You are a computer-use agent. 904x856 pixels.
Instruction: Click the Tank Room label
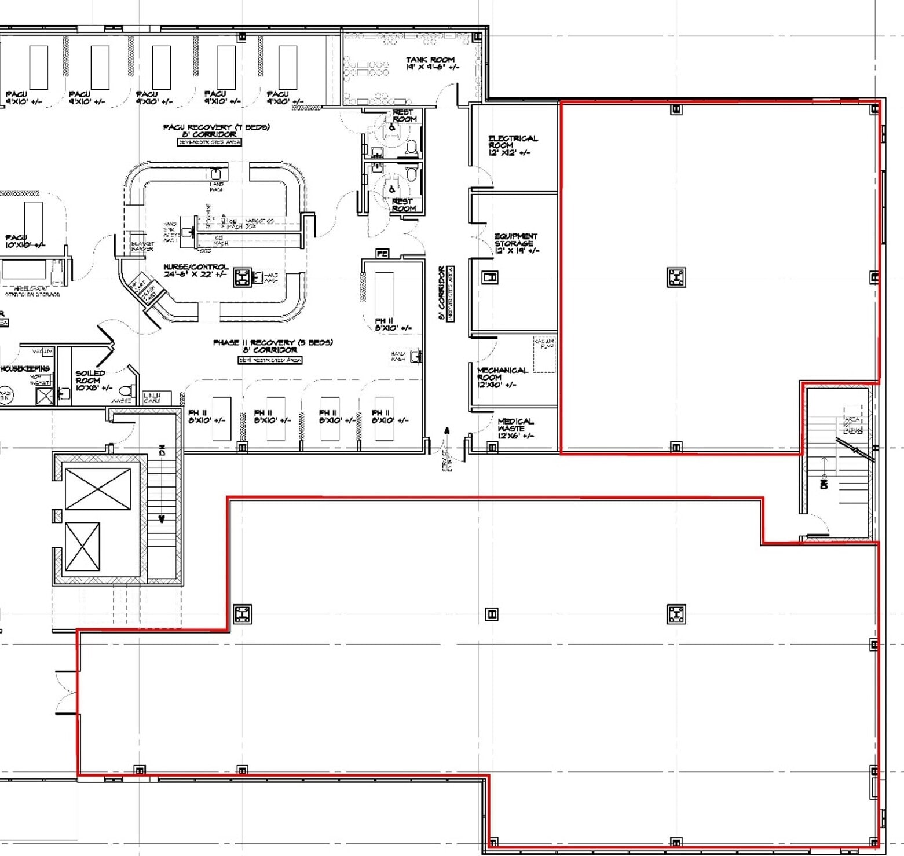[431, 63]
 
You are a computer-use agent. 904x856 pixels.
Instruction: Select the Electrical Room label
[513, 145]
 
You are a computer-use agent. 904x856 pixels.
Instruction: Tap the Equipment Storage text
[515, 243]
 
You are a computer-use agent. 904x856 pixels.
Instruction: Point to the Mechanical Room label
[502, 377]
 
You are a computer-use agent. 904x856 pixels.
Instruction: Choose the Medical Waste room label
[515, 428]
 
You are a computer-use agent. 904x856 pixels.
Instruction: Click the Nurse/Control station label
[196, 270]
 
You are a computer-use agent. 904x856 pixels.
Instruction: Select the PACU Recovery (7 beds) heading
[216, 130]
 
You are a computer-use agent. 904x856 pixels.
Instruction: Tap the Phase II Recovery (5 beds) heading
[272, 346]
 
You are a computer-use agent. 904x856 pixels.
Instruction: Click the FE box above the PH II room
[382, 253]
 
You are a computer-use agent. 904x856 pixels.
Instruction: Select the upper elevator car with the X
[98, 489]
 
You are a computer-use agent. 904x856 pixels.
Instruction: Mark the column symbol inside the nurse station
[243, 278]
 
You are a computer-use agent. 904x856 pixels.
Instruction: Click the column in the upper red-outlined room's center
[676, 277]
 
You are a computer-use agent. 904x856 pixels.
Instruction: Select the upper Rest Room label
[404, 115]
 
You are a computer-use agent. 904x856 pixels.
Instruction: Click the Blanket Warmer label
[142, 246]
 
